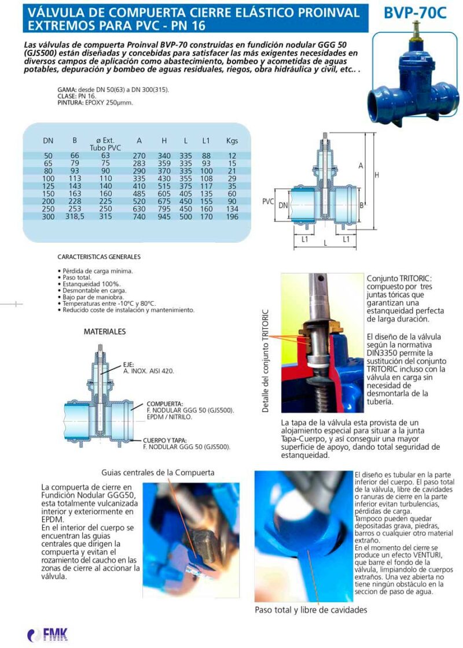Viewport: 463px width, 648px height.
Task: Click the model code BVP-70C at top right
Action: [x=415, y=13]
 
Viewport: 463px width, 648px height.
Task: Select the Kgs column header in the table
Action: [x=232, y=140]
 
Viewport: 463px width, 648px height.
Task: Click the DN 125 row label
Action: [x=48, y=186]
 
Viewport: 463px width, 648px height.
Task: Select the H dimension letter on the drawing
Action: [x=376, y=175]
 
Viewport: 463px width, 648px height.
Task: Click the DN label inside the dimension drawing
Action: [x=283, y=205]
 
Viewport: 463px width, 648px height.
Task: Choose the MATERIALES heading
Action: [x=105, y=332]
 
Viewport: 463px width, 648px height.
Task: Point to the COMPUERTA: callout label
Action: [x=165, y=403]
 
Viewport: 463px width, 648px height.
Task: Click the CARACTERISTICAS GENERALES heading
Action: [x=99, y=257]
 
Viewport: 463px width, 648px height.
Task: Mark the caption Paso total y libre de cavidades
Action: [x=311, y=609]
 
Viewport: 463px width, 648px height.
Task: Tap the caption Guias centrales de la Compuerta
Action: [x=157, y=472]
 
